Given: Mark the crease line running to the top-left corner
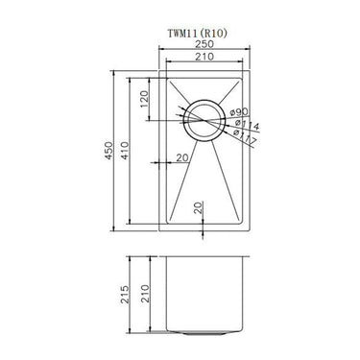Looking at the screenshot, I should pyautogui.click(x=180, y=92).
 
